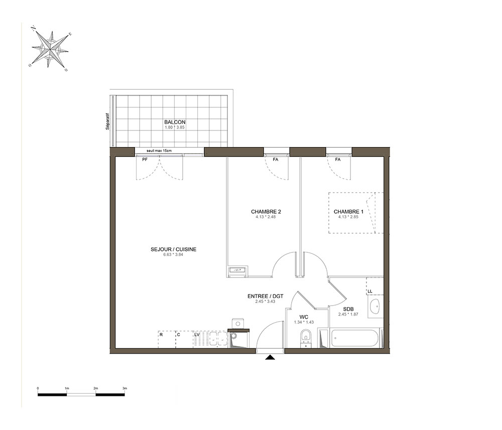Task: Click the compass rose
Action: (50, 49)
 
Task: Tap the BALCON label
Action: (175, 122)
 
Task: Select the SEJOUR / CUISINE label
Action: (174, 249)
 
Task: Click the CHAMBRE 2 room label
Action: (266, 212)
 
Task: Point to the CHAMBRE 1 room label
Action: (349, 212)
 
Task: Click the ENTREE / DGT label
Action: (266, 297)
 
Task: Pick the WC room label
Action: (304, 317)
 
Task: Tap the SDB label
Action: (348, 310)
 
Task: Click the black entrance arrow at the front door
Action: (270, 357)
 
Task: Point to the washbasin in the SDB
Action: (374, 306)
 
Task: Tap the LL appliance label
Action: (370, 292)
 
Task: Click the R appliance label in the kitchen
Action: (161, 334)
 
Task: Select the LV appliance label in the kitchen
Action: (197, 334)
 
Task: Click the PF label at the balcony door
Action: (145, 160)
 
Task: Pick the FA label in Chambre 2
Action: (275, 160)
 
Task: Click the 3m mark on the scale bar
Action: (124, 388)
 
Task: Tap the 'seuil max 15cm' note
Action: (159, 151)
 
